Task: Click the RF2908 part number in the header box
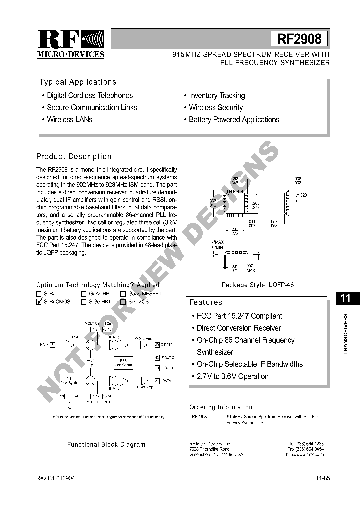pyautogui.click(x=299, y=39)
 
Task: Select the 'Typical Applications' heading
pyautogui.click(x=78, y=82)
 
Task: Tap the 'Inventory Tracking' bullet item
pyautogui.click(x=217, y=95)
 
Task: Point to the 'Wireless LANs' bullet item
pyautogui.click(x=69, y=119)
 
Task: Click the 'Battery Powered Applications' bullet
pyautogui.click(x=234, y=119)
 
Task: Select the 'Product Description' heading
pyautogui.click(x=74, y=156)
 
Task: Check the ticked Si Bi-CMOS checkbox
pyautogui.click(x=39, y=302)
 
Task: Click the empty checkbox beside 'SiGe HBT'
pyautogui.click(x=84, y=302)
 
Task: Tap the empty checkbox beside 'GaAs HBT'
pyautogui.click(x=84, y=294)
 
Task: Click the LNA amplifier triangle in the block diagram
pyautogui.click(x=69, y=344)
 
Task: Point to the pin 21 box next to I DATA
pyautogui.click(x=157, y=381)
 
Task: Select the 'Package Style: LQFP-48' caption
pyautogui.click(x=258, y=285)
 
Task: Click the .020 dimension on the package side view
pyautogui.click(x=303, y=195)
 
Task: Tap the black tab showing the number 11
pyautogui.click(x=345, y=298)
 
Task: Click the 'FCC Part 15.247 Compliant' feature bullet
pyautogui.click(x=239, y=316)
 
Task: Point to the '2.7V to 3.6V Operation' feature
pyautogui.click(x=232, y=376)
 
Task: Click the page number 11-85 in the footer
pyautogui.click(x=322, y=478)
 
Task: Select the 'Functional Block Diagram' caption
pyautogui.click(x=106, y=444)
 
